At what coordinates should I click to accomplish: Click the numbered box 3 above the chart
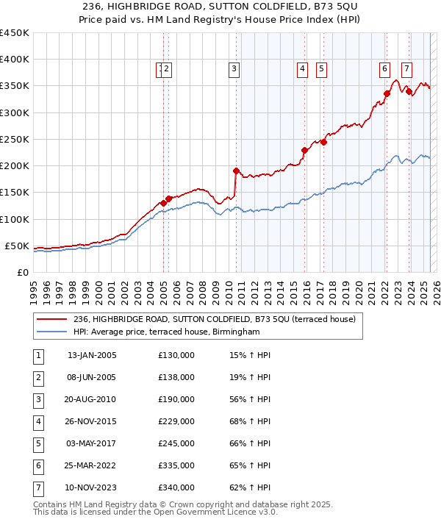(234, 70)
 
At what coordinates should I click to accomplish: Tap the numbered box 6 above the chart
(384, 70)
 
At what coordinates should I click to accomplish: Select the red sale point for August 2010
(236, 171)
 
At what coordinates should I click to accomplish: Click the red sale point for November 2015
(304, 150)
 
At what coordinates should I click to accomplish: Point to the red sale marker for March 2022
(387, 93)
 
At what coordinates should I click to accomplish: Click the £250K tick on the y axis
(15, 139)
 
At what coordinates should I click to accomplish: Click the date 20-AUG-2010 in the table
(92, 401)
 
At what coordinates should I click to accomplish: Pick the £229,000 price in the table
(176, 422)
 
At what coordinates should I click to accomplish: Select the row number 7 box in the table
(38, 487)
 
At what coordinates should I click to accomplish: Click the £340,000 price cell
(176, 487)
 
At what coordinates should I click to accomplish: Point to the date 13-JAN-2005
(92, 356)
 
